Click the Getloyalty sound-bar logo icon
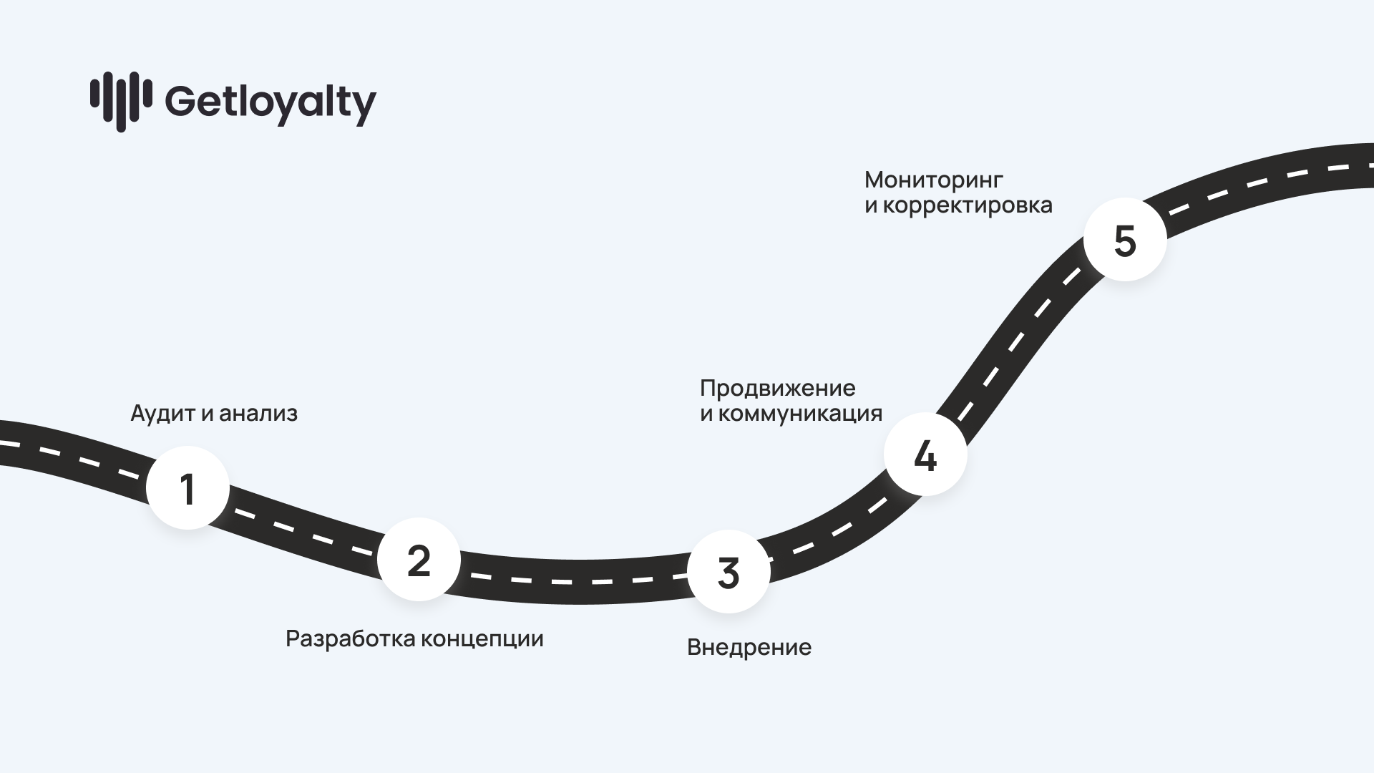pyautogui.click(x=120, y=101)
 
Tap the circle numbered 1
pyautogui.click(x=187, y=488)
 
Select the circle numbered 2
pyautogui.click(x=419, y=560)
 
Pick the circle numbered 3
pyautogui.click(x=729, y=572)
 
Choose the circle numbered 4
pyautogui.click(x=925, y=454)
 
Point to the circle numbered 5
pyautogui.click(x=1125, y=240)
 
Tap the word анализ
pyautogui.click(x=258, y=414)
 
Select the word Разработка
pyautogui.click(x=349, y=638)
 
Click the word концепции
pyautogui.click(x=482, y=638)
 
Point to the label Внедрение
pyautogui.click(x=749, y=647)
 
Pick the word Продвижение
pyautogui.click(x=777, y=388)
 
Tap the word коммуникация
pyautogui.click(x=800, y=414)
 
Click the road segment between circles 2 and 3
pyautogui.click(x=572, y=581)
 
